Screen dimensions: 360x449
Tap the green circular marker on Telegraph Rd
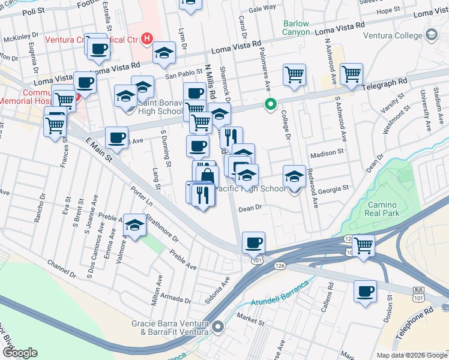(x=271, y=104)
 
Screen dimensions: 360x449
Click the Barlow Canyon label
(x=296, y=28)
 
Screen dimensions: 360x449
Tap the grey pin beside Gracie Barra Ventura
(x=217, y=328)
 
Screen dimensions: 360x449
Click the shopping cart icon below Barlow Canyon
(x=294, y=75)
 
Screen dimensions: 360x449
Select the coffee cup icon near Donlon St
(x=365, y=291)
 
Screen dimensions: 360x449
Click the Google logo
(x=20, y=352)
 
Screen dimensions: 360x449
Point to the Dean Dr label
(x=251, y=208)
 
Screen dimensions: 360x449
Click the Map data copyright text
(x=411, y=355)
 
